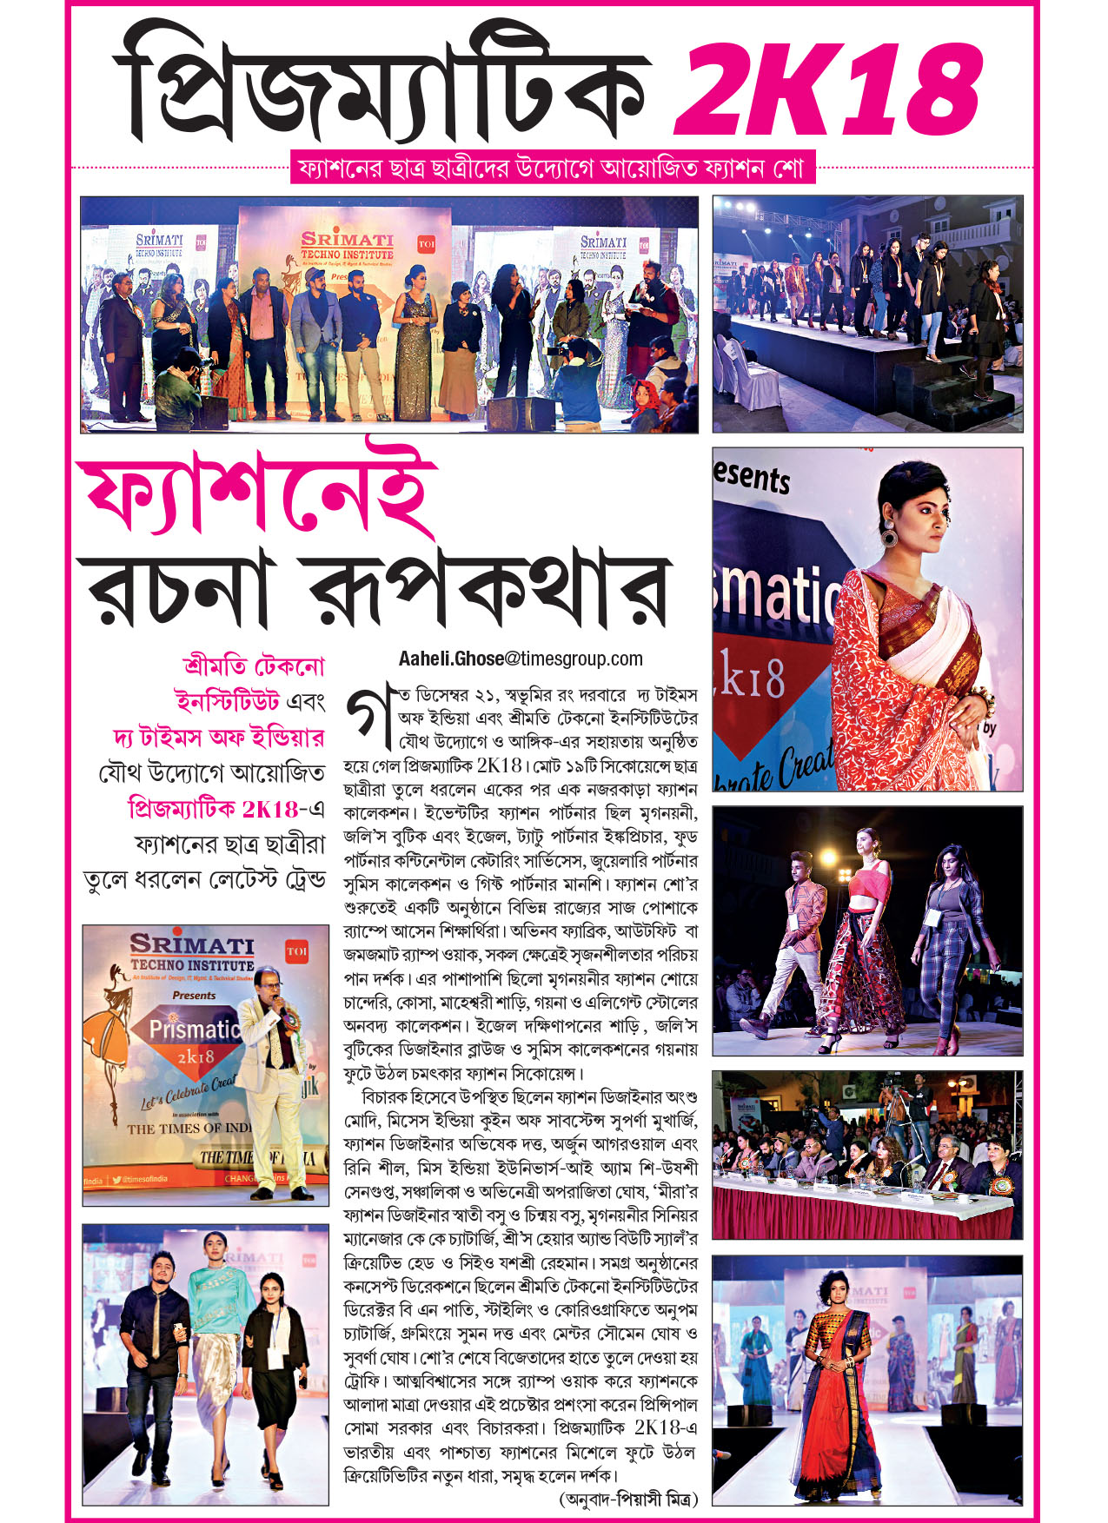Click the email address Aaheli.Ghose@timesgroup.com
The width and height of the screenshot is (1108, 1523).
coord(521,659)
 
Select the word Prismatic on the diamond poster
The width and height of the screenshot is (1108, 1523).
coord(193,1030)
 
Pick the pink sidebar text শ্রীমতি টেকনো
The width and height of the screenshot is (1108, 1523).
coord(253,666)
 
